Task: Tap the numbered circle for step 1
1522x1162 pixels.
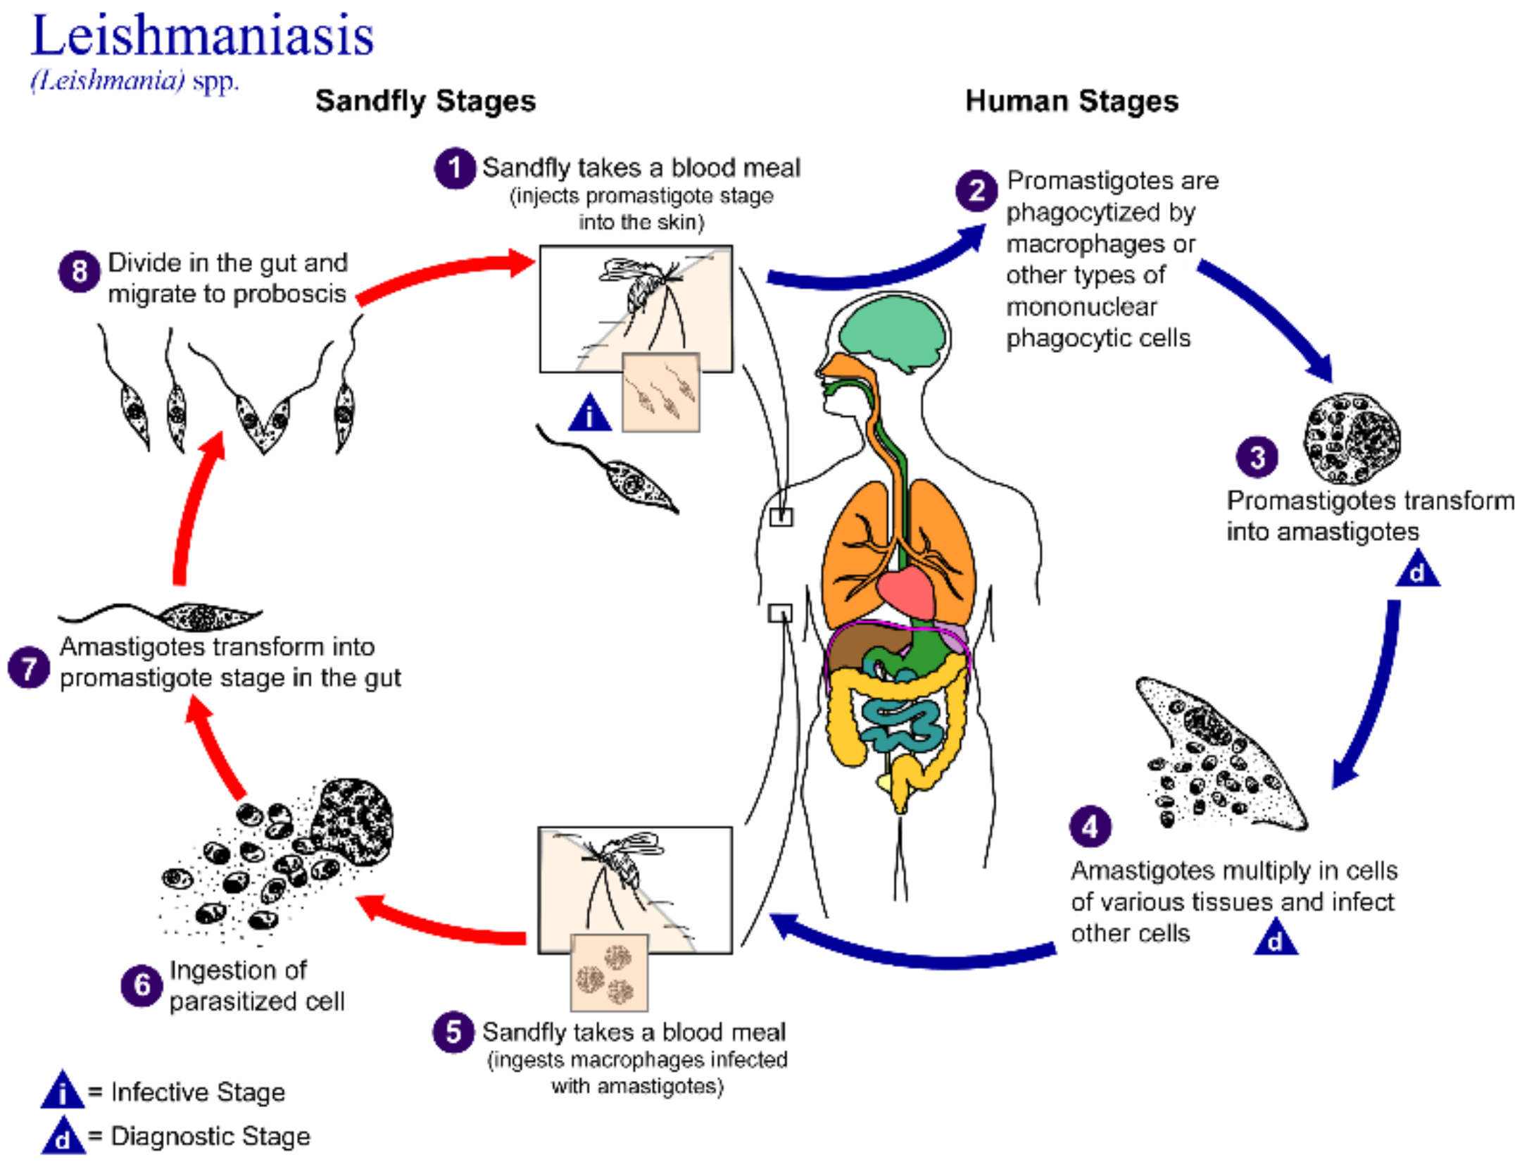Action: tap(455, 168)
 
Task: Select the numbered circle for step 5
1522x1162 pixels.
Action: tap(453, 1032)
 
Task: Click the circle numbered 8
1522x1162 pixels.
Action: tap(79, 272)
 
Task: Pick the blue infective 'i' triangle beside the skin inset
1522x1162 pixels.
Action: tap(590, 415)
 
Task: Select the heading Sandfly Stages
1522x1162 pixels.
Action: tap(425, 101)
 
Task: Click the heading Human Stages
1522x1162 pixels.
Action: tap(1071, 101)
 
